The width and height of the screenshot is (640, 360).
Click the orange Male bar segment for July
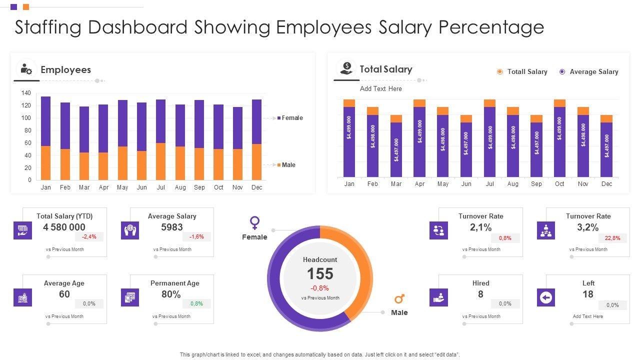(x=160, y=161)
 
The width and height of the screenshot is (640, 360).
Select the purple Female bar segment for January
(x=45, y=121)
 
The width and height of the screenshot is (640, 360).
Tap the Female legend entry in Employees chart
(x=292, y=118)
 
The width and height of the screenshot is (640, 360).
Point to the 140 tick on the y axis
(x=26, y=93)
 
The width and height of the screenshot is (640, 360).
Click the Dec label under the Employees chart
(x=256, y=187)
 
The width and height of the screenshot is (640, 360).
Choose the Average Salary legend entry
(x=593, y=72)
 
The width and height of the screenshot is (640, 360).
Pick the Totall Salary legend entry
(x=527, y=72)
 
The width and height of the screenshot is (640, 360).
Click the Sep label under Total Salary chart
(x=536, y=184)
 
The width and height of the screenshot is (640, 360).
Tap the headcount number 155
(x=320, y=273)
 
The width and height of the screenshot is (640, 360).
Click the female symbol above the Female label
(x=255, y=222)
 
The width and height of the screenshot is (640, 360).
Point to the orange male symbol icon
(x=399, y=299)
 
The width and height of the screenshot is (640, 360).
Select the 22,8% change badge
(x=612, y=238)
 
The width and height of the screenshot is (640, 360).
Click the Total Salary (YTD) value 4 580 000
(x=64, y=227)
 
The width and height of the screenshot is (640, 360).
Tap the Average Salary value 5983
(x=171, y=227)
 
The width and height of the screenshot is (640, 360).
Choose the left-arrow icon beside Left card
(x=546, y=298)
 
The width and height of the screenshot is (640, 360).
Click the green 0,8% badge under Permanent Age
(x=196, y=303)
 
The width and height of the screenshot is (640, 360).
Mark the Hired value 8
(x=480, y=294)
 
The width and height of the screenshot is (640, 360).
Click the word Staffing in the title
(x=48, y=27)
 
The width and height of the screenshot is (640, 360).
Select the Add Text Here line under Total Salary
(x=380, y=88)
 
